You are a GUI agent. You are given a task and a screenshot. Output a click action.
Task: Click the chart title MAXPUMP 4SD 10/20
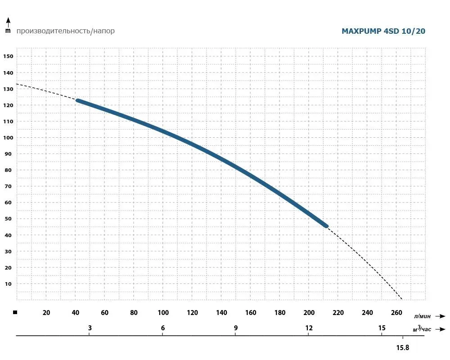click(383, 31)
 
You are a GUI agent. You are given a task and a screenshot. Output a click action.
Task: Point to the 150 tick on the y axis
click(9, 56)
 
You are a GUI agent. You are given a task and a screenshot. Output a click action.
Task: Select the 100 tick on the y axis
click(9, 138)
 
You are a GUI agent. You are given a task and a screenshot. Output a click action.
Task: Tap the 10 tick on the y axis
click(9, 284)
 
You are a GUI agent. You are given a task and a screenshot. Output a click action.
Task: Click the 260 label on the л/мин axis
click(397, 313)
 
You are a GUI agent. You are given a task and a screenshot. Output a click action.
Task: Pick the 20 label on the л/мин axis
click(46, 313)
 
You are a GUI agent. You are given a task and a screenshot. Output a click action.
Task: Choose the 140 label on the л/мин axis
click(221, 313)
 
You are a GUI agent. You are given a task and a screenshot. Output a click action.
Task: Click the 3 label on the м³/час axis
click(90, 328)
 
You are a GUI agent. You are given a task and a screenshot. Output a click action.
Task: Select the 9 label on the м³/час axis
click(236, 328)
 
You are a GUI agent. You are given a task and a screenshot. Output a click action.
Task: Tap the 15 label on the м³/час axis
click(382, 328)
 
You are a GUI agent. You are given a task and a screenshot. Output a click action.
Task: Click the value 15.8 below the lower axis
click(402, 347)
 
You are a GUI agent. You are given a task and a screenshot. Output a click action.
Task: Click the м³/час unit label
click(422, 328)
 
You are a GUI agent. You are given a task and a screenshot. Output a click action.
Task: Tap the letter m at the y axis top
click(8, 31)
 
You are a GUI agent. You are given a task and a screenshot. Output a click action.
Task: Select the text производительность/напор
click(66, 31)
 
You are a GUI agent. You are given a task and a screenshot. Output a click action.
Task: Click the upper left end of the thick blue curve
click(78, 101)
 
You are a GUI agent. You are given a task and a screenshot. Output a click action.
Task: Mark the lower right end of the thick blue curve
click(326, 225)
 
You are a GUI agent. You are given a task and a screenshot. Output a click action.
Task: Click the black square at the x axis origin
click(15, 312)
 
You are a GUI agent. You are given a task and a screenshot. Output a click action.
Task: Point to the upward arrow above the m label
click(8, 21)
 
